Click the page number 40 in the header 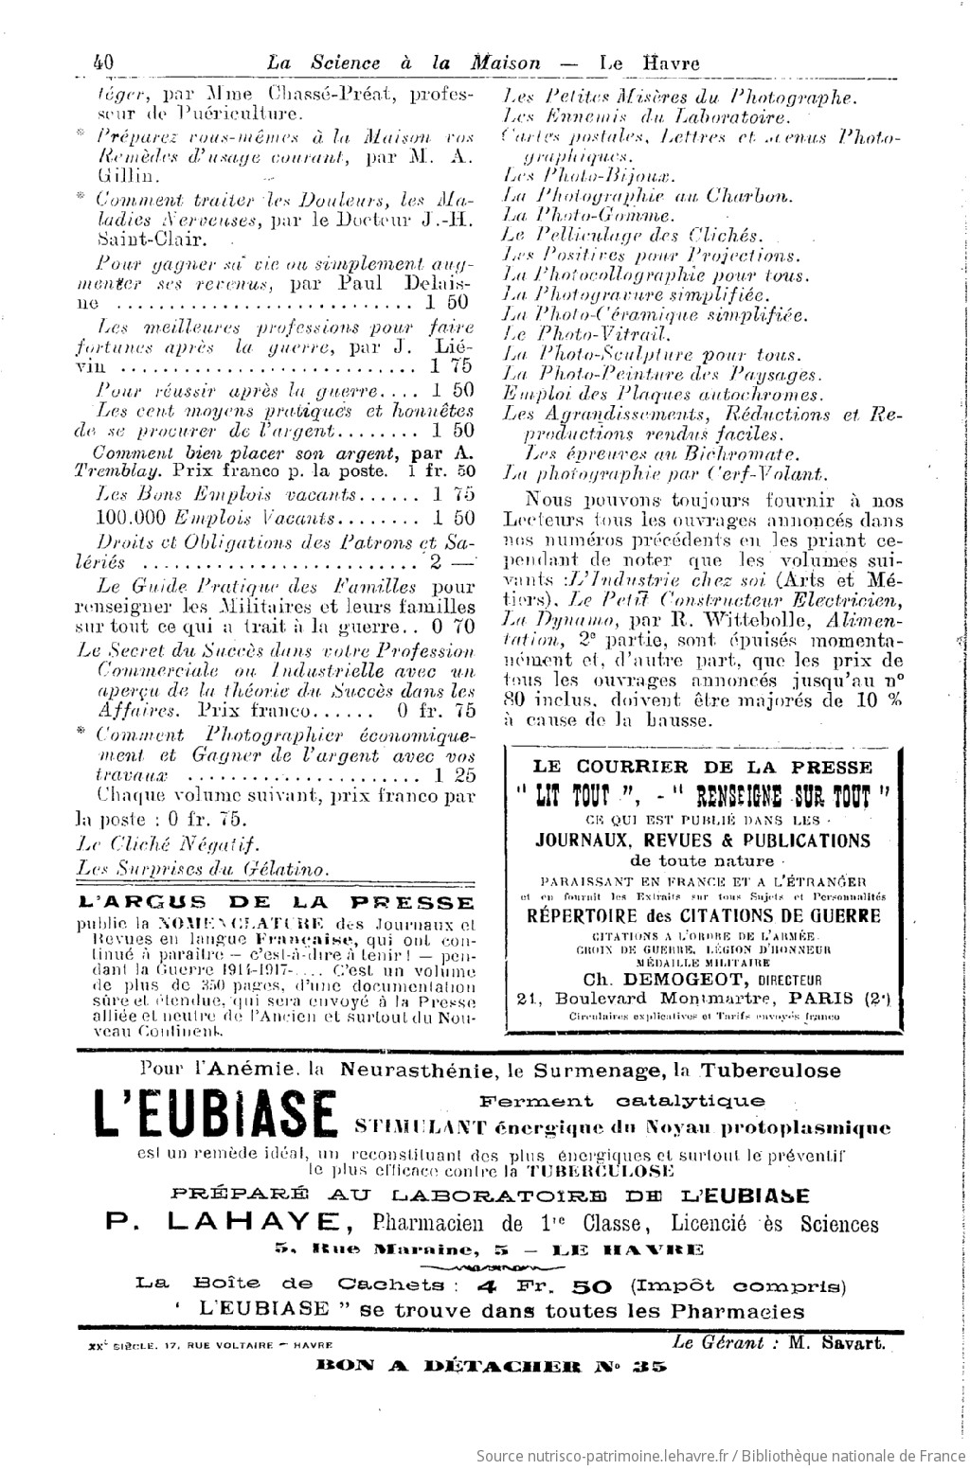103,62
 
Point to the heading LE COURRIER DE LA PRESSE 702,767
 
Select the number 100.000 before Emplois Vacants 133,518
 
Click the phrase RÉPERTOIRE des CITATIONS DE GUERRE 703,915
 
